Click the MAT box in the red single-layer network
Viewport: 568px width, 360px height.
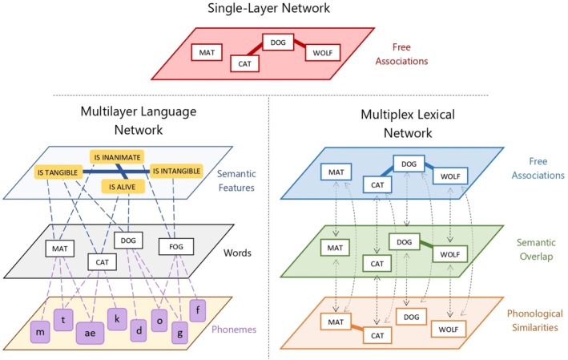coord(207,53)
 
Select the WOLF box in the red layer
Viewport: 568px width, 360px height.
coord(322,53)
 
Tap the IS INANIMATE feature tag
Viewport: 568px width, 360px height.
coord(117,157)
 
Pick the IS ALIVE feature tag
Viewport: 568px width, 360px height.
coord(122,187)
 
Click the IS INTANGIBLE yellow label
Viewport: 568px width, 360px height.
coord(176,171)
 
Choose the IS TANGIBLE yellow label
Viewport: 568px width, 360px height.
coord(58,172)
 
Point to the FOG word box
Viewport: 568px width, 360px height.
coord(176,246)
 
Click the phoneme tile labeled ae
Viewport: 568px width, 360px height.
coord(90,333)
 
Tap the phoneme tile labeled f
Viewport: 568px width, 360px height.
coord(198,310)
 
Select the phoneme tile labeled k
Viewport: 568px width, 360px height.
coord(117,319)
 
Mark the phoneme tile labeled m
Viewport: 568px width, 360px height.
coord(40,332)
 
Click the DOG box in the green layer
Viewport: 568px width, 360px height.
coord(405,242)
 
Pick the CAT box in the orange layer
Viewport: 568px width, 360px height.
coord(377,335)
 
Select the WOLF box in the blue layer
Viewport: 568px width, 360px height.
coord(450,176)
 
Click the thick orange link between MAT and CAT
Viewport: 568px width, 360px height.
coord(357,328)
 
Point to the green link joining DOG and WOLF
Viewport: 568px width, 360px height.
coord(426,245)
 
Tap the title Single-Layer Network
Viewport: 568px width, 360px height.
coord(269,7)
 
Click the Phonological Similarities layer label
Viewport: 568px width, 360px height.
coord(534,321)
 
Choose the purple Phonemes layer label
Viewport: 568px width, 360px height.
coord(234,330)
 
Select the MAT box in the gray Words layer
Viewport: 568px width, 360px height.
coord(60,249)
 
